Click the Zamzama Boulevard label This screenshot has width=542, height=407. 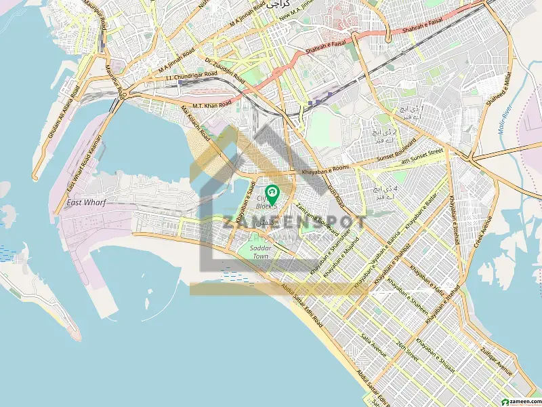tap(317, 218)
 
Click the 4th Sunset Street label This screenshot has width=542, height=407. tap(421, 159)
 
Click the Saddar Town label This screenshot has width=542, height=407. tap(261, 252)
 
